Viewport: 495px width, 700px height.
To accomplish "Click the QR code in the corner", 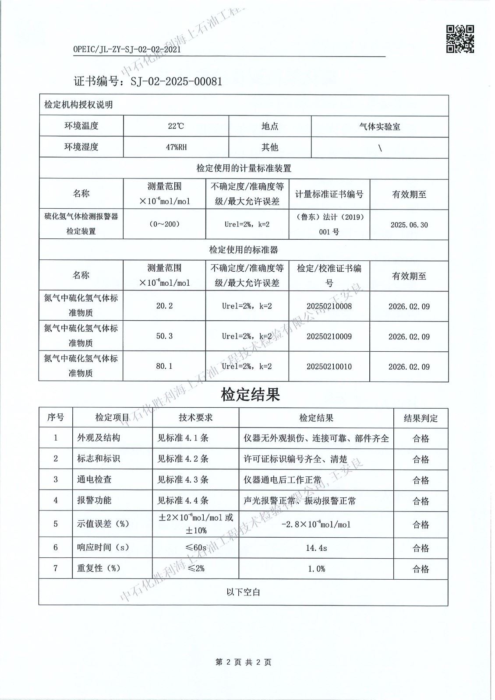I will pos(460,38).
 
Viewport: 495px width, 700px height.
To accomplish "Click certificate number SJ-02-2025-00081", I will pos(148,81).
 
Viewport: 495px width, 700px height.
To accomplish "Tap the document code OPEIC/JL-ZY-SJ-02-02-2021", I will pos(127,49).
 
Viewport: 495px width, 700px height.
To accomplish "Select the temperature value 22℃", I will pos(176,126).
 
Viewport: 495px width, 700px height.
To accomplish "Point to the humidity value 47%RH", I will pos(176,147).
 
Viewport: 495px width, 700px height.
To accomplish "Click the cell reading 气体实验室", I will pos(379,126).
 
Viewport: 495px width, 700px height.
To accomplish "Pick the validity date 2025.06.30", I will pos(409,225).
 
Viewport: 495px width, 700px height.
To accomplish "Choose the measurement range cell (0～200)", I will pos(164,224).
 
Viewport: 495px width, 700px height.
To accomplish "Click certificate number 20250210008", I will pos(329,306).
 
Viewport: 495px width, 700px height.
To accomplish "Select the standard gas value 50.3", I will pos(164,336).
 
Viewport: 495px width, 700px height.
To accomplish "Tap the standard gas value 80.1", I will pos(164,366).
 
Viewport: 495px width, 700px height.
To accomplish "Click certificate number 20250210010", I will pos(329,367).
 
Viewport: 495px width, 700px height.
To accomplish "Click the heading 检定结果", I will pos(250,395).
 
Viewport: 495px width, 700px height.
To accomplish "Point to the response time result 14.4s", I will pos(316,548).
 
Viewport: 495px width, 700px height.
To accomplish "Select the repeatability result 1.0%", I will pos(316,569).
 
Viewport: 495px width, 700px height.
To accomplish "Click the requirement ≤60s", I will pos(195,548).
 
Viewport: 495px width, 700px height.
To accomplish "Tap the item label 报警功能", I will pos(94,500).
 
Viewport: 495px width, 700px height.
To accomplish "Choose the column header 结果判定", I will pos(421,418).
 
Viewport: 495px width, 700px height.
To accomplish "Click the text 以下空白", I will pos(243,592).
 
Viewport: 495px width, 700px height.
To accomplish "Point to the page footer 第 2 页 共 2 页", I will pos(244,662).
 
